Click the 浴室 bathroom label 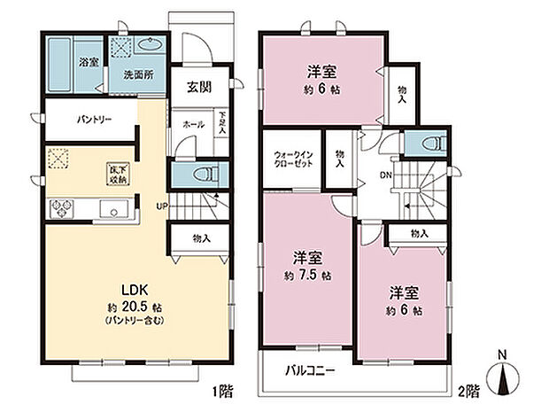(89, 63)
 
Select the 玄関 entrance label (198, 87)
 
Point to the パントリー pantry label (93, 118)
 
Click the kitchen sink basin (114, 210)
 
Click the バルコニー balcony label (309, 370)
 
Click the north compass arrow (502, 382)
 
